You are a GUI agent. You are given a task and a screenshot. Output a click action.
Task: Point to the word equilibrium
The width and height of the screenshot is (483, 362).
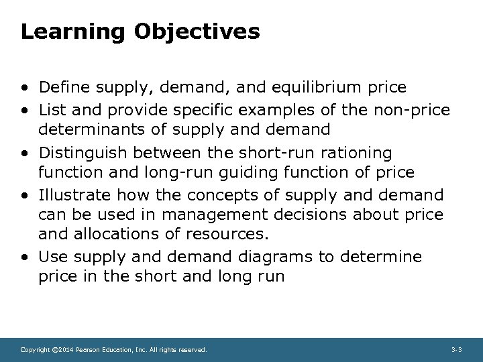pos(325,87)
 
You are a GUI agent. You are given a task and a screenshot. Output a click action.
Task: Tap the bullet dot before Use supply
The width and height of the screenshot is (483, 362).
pos(24,257)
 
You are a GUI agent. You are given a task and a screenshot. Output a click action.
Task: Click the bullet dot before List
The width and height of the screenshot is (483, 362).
pos(24,110)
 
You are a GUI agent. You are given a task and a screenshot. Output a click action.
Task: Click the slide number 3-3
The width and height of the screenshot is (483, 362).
pos(456,350)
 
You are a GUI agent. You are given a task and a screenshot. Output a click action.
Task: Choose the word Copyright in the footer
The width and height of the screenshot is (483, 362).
pos(34,350)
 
